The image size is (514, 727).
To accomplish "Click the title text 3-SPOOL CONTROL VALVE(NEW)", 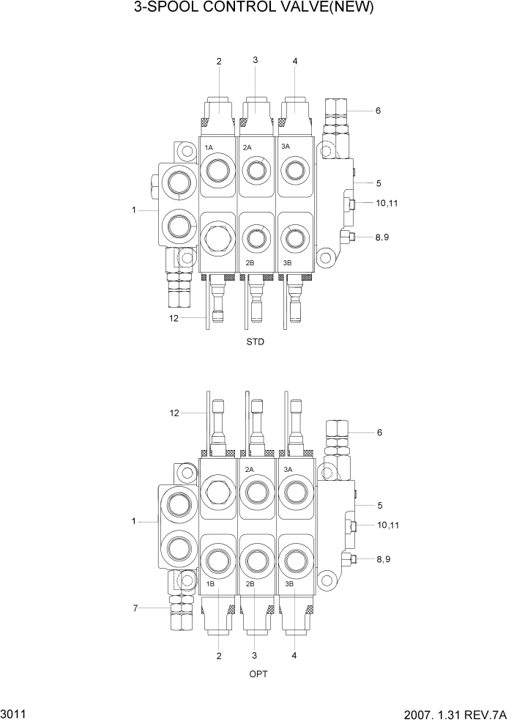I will click(254, 9).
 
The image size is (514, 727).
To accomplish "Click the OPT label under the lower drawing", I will click(257, 674).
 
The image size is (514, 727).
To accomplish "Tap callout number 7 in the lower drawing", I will click(135, 608).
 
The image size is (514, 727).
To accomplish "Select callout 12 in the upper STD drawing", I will click(174, 317).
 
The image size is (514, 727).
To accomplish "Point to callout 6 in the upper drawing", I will click(378, 111).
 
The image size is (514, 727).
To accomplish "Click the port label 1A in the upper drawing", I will click(209, 148).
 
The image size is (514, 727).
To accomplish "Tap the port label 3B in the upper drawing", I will click(287, 262).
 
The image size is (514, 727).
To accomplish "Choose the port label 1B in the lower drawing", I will click(209, 584).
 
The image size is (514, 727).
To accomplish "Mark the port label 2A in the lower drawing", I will click(249, 470).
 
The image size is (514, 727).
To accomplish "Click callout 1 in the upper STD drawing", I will click(134, 210).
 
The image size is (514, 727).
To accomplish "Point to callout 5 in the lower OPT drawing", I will click(379, 505).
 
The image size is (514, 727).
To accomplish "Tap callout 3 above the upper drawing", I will click(255, 60).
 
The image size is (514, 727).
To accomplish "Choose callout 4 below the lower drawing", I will click(294, 655).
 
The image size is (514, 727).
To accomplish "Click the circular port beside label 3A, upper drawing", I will click(295, 171).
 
